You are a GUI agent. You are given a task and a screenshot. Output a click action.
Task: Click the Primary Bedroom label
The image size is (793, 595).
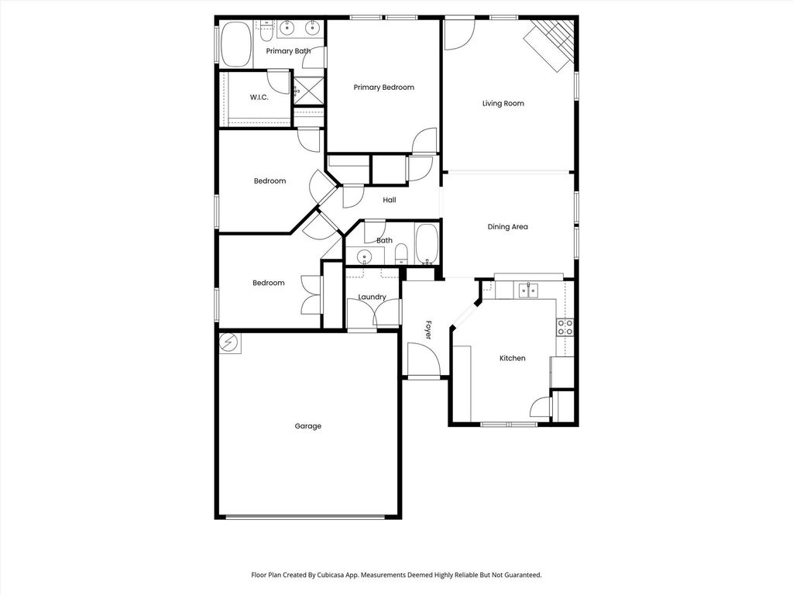click(384, 88)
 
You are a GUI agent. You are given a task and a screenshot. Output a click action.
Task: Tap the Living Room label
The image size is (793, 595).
click(503, 104)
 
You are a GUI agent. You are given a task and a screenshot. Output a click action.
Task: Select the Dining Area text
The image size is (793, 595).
click(507, 227)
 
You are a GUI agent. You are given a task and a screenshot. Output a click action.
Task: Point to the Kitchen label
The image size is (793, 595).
click(513, 358)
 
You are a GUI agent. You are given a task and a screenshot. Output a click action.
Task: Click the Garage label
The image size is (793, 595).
click(308, 426)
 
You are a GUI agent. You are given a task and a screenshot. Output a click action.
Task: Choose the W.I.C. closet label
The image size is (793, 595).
click(259, 97)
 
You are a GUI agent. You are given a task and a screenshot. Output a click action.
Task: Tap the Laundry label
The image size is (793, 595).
click(372, 297)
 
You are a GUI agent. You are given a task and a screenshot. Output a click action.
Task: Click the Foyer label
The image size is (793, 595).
click(428, 329)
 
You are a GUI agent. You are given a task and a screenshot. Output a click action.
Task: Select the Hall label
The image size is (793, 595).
click(390, 200)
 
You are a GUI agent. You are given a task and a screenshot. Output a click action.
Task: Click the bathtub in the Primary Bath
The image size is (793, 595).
click(235, 44)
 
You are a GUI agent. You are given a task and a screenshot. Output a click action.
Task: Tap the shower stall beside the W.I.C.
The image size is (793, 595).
click(308, 91)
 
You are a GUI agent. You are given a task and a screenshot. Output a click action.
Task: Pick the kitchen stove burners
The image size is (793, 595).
click(565, 327)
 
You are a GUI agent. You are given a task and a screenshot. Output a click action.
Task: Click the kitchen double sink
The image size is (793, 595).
click(528, 291)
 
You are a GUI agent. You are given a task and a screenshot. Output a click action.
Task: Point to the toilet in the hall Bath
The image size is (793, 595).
click(400, 254)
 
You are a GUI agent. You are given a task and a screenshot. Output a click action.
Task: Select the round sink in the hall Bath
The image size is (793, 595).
click(364, 258)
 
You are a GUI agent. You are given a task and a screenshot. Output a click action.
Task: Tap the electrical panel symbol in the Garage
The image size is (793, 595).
click(229, 343)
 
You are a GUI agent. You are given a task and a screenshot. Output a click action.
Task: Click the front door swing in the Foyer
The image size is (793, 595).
click(424, 359)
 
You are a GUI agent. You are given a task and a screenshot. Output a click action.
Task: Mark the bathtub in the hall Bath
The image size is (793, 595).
click(427, 245)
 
